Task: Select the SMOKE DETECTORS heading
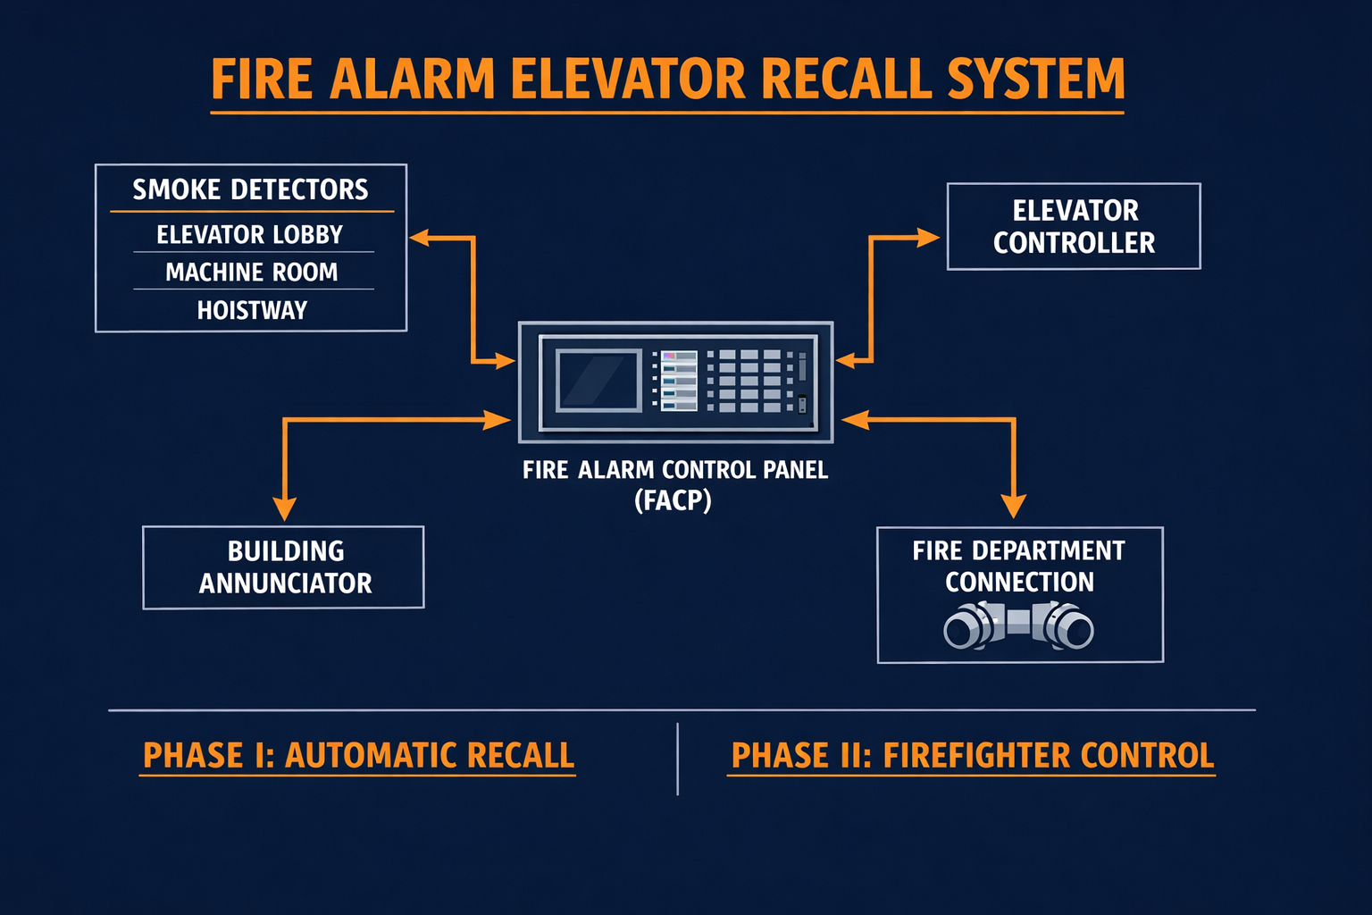(250, 189)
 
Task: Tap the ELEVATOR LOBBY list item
(250, 234)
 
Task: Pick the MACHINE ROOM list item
(252, 272)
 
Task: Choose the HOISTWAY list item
(252, 310)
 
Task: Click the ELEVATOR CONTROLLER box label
(1074, 227)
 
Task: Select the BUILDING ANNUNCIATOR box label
(285, 567)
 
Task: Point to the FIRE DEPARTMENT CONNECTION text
(1018, 566)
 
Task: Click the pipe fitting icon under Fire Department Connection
(1018, 625)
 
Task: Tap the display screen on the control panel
(598, 381)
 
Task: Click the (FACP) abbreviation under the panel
(673, 500)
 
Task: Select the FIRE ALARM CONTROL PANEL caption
(675, 470)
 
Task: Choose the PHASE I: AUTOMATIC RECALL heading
(358, 756)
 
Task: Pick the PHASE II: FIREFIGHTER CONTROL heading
(972, 756)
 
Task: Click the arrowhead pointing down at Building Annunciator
(284, 508)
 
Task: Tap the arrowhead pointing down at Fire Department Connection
(1013, 507)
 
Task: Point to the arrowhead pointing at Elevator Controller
(929, 238)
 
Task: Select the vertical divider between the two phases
(678, 759)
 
